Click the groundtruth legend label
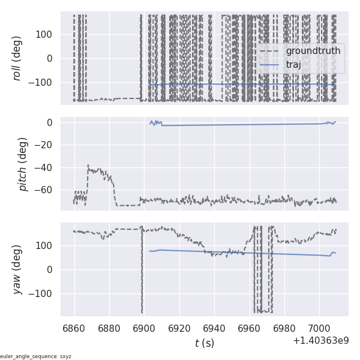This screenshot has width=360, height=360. point(313,51)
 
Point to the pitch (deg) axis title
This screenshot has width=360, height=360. point(23,164)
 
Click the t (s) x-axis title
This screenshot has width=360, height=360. point(204,343)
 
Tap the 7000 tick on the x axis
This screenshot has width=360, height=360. point(319,328)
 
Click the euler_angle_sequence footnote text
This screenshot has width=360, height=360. point(36,356)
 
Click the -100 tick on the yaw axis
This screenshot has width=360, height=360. point(43,293)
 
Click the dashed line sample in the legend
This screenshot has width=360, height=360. point(271,51)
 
